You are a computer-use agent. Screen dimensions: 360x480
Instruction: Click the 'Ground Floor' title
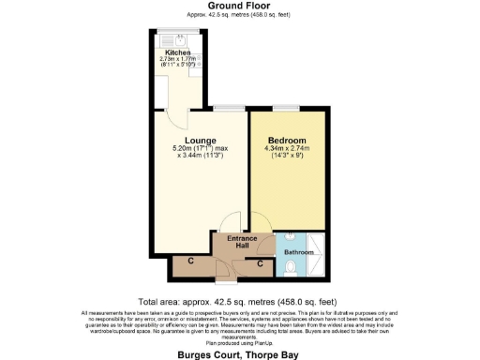coord(239,6)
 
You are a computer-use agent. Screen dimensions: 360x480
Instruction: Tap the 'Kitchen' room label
coord(178,52)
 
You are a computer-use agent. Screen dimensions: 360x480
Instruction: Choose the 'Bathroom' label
coord(299,252)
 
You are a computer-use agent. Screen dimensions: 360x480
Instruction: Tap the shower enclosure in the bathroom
coord(317,254)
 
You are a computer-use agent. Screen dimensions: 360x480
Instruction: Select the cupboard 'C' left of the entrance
coord(190,263)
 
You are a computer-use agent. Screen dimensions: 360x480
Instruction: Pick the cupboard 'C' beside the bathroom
coord(261,263)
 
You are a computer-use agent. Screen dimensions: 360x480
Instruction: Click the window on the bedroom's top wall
coord(287,108)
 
